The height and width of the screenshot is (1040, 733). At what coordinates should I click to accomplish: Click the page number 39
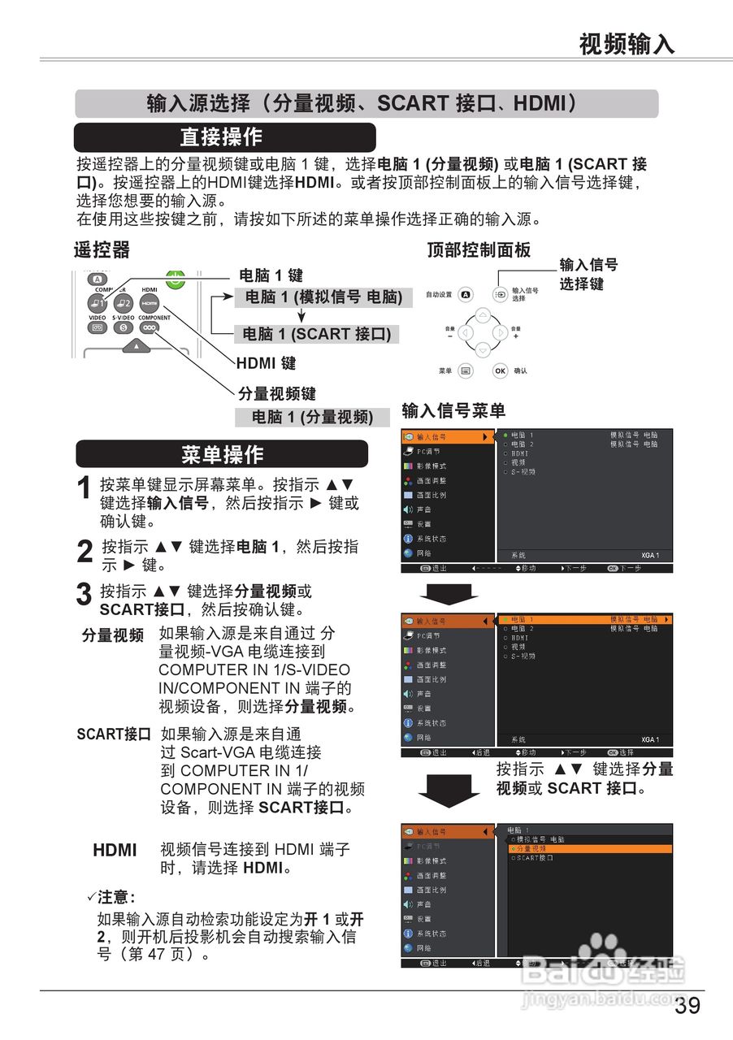[x=687, y=1006]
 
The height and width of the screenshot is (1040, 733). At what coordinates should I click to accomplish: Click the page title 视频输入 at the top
[x=627, y=44]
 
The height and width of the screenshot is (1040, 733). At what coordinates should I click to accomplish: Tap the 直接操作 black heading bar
[x=224, y=136]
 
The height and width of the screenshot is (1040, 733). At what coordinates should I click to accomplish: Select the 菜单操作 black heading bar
[x=222, y=454]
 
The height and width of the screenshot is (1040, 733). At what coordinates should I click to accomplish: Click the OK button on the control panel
[x=501, y=370]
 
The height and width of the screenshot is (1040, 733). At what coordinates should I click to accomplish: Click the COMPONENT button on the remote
[x=150, y=327]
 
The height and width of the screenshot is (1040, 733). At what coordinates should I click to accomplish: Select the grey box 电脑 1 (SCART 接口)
[x=317, y=334]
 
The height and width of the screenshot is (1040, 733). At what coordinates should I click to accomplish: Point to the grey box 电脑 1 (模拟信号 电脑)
[x=323, y=297]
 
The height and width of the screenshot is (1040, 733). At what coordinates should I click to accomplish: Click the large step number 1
[x=84, y=490]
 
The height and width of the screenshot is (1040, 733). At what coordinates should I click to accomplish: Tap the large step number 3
[x=84, y=595]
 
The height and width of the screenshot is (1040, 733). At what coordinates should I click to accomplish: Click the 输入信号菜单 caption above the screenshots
[x=453, y=411]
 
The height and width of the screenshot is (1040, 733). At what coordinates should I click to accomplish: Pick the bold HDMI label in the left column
[x=115, y=851]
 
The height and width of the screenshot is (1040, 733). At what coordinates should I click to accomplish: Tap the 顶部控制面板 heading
[x=479, y=250]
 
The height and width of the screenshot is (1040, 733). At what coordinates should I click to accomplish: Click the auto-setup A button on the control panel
[x=466, y=294]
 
